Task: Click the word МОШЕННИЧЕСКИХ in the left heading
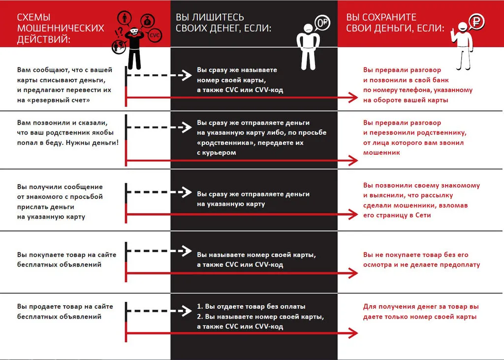coord(61,28)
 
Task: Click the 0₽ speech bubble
coord(322,22)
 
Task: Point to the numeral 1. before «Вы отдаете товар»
coord(200,306)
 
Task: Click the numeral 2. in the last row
coord(200,316)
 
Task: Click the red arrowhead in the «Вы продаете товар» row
coord(353,333)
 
